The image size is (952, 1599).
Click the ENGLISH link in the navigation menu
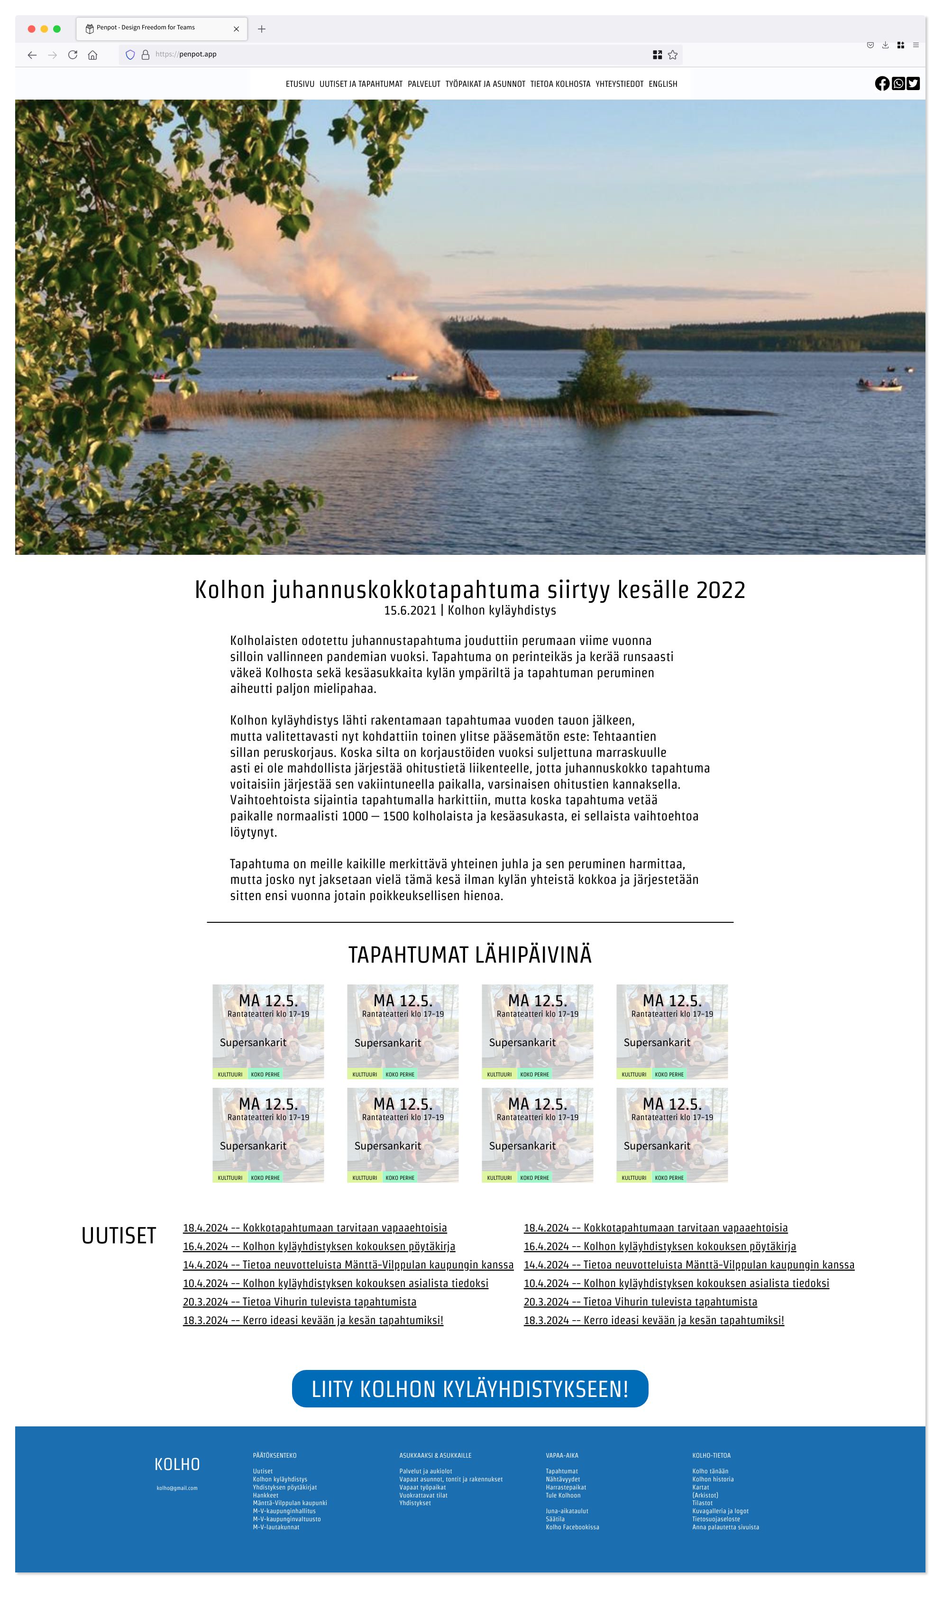tap(663, 84)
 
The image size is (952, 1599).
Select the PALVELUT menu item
tap(424, 84)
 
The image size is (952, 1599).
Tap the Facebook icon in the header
tap(882, 83)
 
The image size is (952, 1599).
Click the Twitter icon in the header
tap(914, 83)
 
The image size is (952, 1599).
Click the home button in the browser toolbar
tap(93, 55)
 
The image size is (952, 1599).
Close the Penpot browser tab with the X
tap(236, 29)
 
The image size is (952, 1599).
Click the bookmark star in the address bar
tap(672, 55)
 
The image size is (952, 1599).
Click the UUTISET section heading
tap(119, 1236)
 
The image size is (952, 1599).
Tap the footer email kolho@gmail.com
tap(177, 1488)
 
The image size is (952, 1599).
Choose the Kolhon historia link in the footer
tap(713, 1479)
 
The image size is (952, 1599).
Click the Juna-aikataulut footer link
tap(567, 1511)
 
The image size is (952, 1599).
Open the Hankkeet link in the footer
tap(265, 1495)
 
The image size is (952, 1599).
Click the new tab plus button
tap(262, 29)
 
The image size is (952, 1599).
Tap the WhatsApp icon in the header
tap(898, 83)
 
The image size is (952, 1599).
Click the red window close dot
tap(31, 29)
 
